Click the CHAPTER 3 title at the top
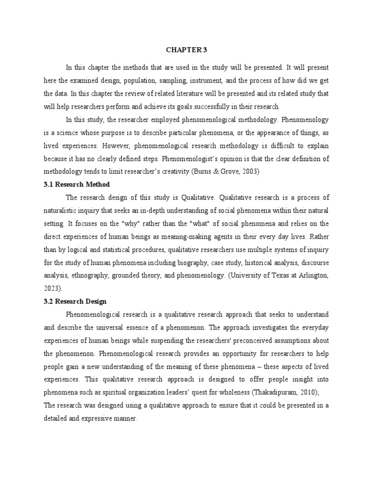coord(186,50)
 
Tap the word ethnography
coord(90,276)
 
